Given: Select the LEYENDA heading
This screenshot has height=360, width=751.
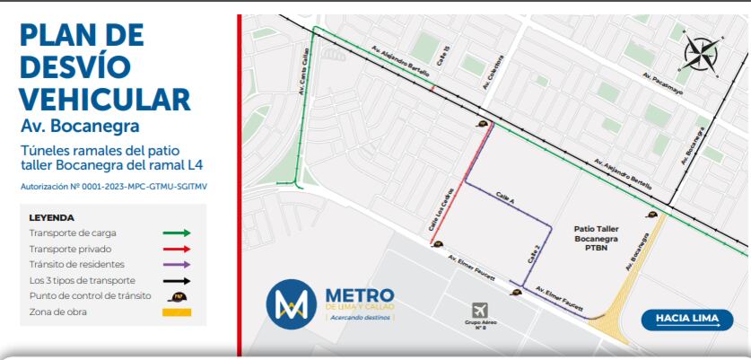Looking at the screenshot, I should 51,217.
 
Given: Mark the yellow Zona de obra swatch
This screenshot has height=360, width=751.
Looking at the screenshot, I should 176,312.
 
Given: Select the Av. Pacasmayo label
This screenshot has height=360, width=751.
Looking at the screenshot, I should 662,85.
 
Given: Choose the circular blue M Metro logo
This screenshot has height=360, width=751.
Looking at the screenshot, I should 291,303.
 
